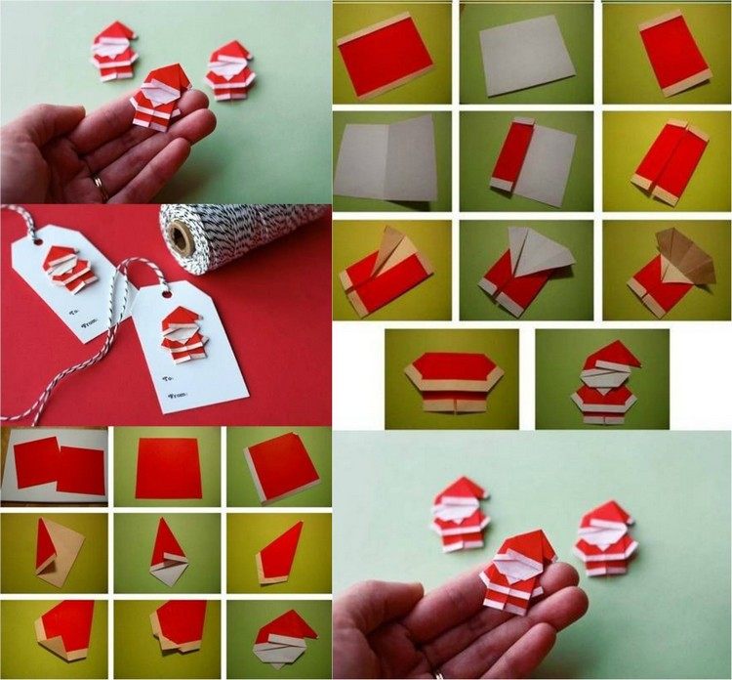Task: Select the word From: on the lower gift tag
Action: pos(180,395)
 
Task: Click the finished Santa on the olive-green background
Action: pos(602,382)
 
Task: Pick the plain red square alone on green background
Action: pos(168,467)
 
